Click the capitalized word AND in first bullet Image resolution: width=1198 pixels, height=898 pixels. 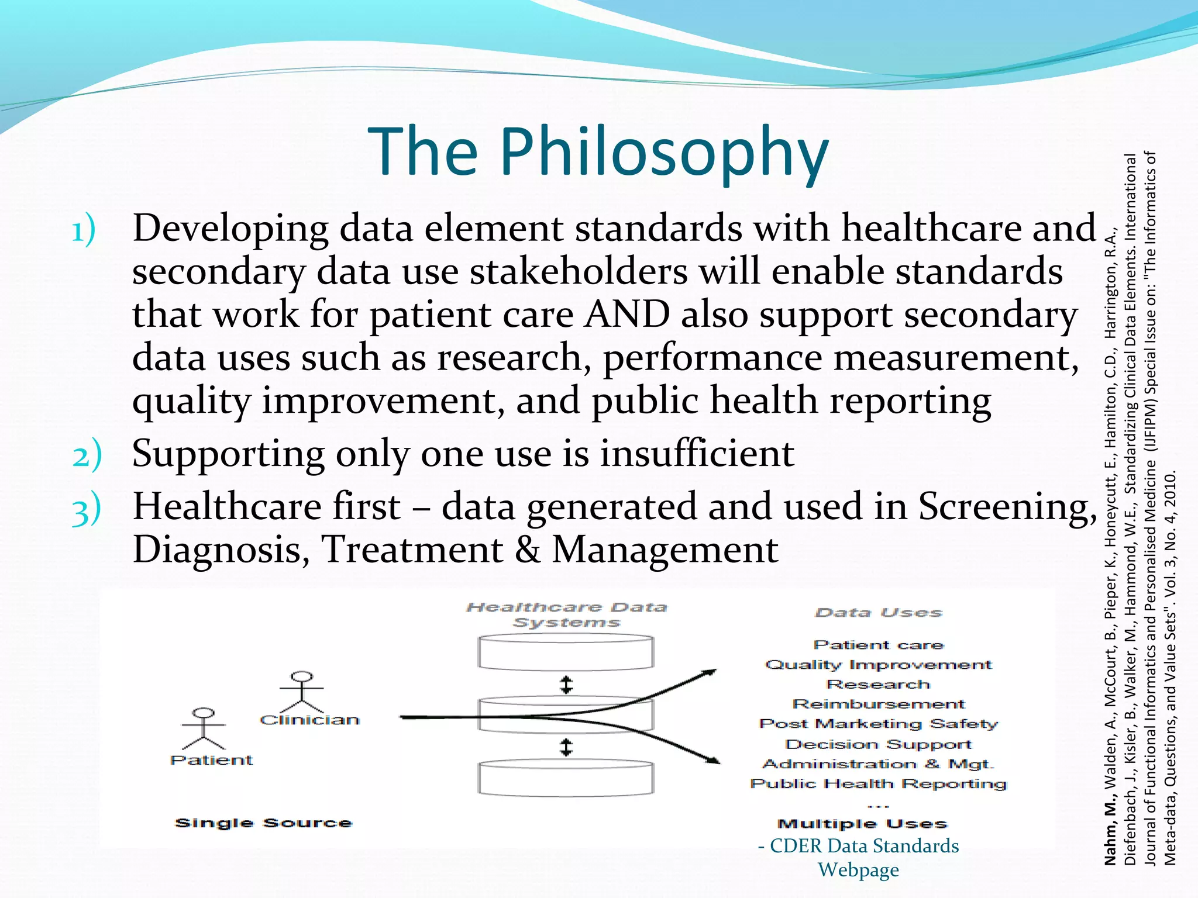(x=627, y=315)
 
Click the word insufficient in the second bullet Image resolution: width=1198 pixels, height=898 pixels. (x=697, y=454)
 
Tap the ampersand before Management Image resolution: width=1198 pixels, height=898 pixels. (x=528, y=550)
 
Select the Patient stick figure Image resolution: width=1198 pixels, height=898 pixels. (x=203, y=728)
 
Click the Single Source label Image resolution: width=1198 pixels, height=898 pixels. (x=263, y=823)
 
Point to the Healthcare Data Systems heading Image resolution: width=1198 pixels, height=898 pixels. (x=566, y=614)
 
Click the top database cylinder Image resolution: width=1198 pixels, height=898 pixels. (x=566, y=652)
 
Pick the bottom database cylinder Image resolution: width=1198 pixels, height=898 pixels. (x=566, y=778)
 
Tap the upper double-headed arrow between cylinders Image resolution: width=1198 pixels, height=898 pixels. (x=566, y=685)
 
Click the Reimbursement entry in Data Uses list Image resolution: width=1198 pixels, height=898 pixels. (x=879, y=704)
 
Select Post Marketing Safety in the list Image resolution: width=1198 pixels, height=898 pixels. (x=879, y=724)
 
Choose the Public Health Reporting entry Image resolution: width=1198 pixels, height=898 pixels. (x=879, y=783)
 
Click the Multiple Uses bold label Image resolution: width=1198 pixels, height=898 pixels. (x=862, y=824)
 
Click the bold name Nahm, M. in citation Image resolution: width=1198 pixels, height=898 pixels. (x=1110, y=834)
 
